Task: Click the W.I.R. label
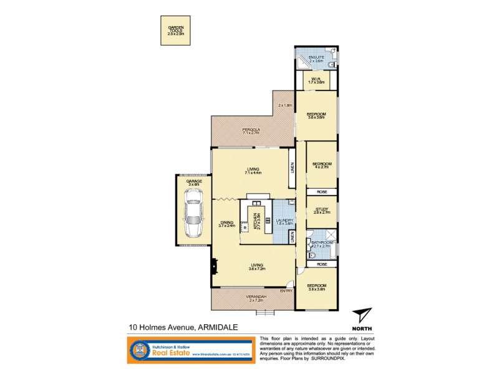[316, 80]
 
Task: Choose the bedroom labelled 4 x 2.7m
[322, 165]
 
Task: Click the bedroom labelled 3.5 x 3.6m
[316, 116]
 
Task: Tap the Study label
[322, 211]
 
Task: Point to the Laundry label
[284, 222]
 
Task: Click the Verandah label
[252, 298]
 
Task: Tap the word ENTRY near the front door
[286, 290]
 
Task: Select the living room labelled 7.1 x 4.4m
[252, 171]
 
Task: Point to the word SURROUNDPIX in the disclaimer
[331, 358]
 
